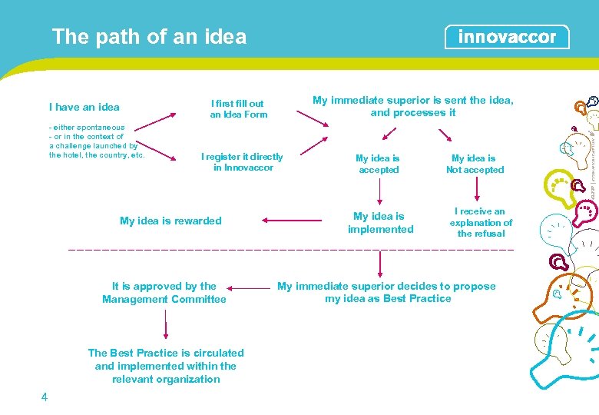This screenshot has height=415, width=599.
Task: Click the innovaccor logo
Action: coord(507,37)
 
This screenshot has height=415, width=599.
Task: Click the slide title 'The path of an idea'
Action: coord(149,37)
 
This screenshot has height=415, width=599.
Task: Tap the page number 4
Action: coord(45,397)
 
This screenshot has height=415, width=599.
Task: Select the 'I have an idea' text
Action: coord(84,108)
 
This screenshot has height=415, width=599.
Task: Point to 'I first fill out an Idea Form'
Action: coord(239,109)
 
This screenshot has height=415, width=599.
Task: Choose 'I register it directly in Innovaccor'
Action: coord(242,162)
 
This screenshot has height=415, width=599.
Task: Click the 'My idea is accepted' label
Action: coord(378,164)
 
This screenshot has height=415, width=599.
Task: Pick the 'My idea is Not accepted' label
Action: coord(475,164)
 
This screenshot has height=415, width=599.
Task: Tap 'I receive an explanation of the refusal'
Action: coord(481,222)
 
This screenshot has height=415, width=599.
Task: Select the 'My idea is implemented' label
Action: coord(380,223)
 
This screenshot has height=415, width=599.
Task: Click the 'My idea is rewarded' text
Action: coord(170,221)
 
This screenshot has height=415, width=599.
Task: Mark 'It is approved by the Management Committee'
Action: coord(164,293)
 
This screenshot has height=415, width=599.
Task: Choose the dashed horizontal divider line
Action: coord(292,251)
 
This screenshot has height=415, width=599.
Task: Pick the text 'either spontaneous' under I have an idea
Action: coord(89,127)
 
